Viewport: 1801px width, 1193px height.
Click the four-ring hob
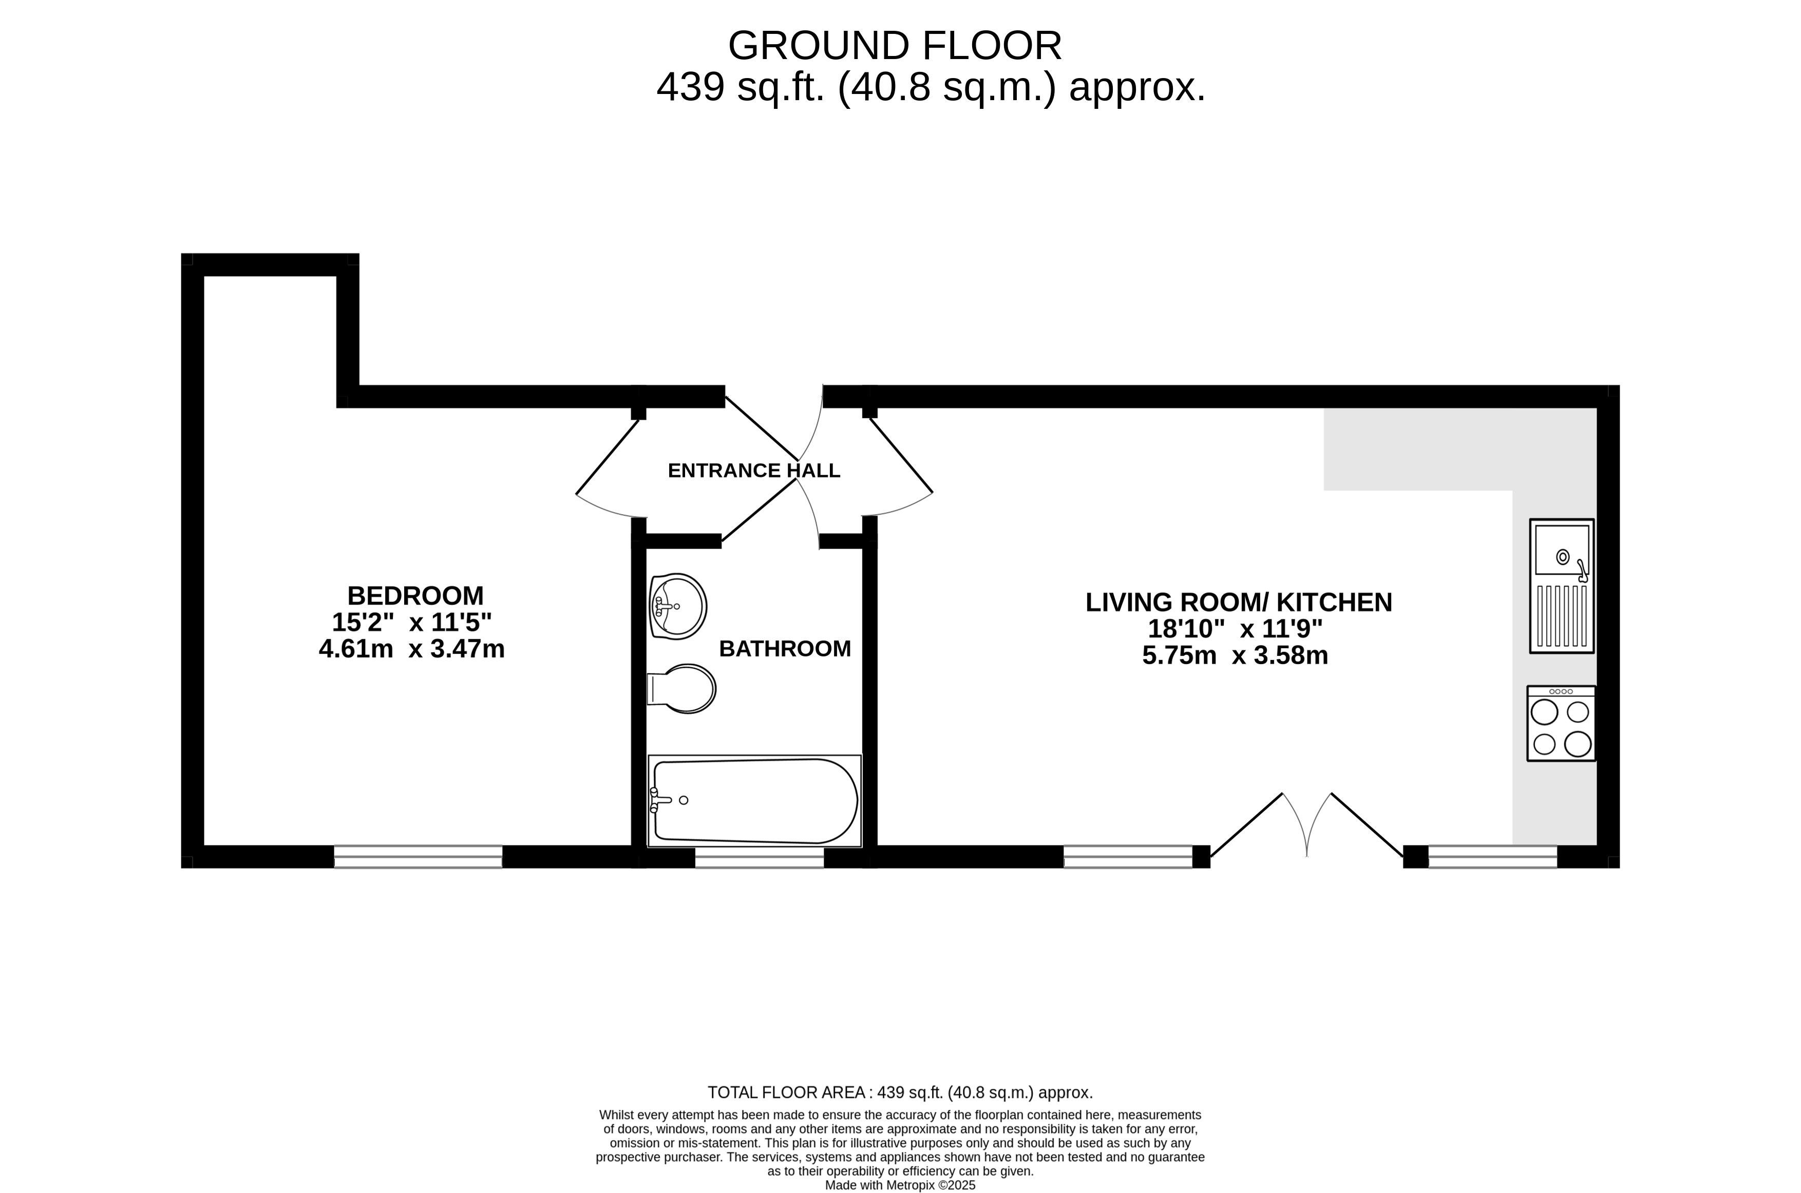click(1561, 724)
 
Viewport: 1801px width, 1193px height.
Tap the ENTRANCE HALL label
click(754, 471)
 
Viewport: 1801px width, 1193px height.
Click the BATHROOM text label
click(785, 649)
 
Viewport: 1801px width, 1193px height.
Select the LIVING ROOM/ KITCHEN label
click(1239, 602)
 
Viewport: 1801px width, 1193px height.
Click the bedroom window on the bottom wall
click(419, 857)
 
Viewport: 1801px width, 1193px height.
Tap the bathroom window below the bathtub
click(760, 858)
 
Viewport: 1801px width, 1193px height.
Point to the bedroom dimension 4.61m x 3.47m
click(412, 649)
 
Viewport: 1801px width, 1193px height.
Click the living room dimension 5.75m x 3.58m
click(1235, 656)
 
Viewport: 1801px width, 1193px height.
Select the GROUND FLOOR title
click(895, 46)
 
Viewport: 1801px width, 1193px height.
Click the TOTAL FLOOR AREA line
click(900, 1092)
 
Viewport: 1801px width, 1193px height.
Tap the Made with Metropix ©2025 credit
click(900, 1185)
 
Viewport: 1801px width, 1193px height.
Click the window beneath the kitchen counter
click(1493, 857)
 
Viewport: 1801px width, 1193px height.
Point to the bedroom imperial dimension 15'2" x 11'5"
click(412, 622)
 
